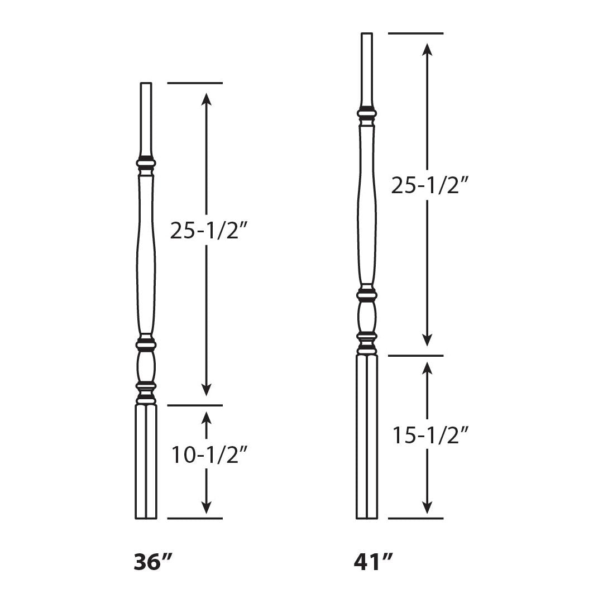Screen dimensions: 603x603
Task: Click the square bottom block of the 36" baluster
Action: pyautogui.click(x=146, y=461)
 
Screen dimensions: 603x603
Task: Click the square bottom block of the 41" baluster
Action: pyautogui.click(x=367, y=437)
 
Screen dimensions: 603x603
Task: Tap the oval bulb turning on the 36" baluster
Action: pyautogui.click(x=146, y=366)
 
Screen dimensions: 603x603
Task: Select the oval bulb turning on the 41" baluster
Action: pyautogui.click(x=367, y=317)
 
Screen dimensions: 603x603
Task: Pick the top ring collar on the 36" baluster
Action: pyautogui.click(x=146, y=164)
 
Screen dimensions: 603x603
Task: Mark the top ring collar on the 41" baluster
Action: pyautogui.click(x=367, y=114)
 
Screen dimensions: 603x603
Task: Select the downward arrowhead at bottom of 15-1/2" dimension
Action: pyautogui.click(x=427, y=506)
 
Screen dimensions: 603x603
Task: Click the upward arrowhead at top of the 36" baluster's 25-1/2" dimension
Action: pyautogui.click(x=207, y=99)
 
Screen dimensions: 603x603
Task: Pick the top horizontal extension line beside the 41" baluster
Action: pyautogui.click(x=415, y=33)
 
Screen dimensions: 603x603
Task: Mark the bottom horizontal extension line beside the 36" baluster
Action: pyautogui.click(x=194, y=518)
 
